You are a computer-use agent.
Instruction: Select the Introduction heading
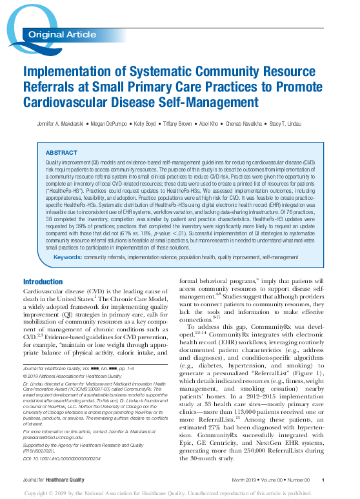point(43,282)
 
